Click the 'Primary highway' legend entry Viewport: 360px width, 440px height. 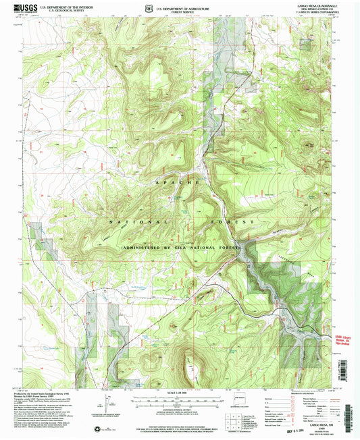(x=277, y=397)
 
